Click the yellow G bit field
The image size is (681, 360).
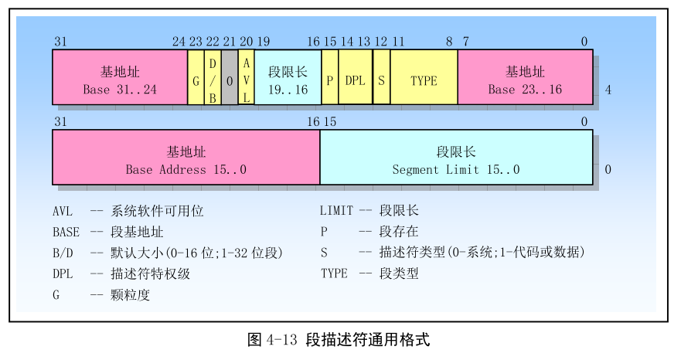pyautogui.click(x=196, y=77)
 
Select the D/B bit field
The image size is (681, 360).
pyautogui.click(x=212, y=77)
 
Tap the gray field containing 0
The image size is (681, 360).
pyautogui.click(x=230, y=77)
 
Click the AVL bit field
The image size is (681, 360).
pyautogui.click(x=246, y=77)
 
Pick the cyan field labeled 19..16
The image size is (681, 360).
pyautogui.click(x=288, y=77)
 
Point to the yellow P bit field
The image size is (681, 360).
pyautogui.click(x=330, y=77)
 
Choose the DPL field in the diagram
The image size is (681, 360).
pyautogui.click(x=355, y=77)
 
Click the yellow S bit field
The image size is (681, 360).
pyautogui.click(x=381, y=77)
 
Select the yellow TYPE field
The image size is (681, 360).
pyautogui.click(x=424, y=77)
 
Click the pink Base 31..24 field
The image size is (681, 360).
pyautogui.click(x=120, y=77)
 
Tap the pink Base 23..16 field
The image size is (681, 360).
pyautogui.click(x=525, y=77)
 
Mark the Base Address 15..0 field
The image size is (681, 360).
pyautogui.click(x=186, y=158)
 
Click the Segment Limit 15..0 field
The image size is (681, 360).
pyautogui.click(x=456, y=158)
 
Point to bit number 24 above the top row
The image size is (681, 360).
pyautogui.click(x=179, y=42)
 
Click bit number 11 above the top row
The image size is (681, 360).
pyautogui.click(x=398, y=42)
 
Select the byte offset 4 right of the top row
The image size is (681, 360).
pyautogui.click(x=608, y=90)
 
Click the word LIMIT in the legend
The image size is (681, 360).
pyautogui.click(x=336, y=210)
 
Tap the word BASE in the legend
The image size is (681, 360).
pyautogui.click(x=66, y=231)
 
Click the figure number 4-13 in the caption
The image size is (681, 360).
pyautogui.click(x=281, y=339)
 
